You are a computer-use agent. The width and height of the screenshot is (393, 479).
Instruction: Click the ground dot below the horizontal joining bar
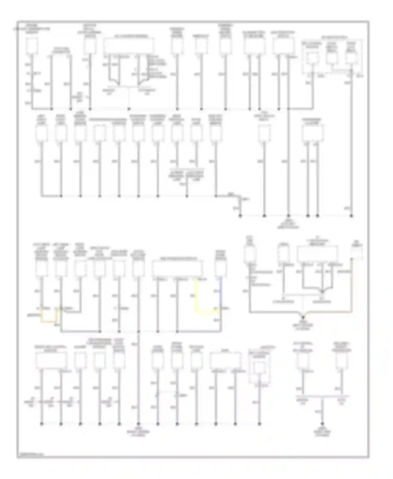(323, 424)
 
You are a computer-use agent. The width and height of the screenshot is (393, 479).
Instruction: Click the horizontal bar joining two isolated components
(323, 396)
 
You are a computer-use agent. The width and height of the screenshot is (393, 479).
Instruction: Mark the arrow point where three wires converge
(323, 292)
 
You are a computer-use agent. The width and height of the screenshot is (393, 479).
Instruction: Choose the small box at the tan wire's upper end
(357, 252)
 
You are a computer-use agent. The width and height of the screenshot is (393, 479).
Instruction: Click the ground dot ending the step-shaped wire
(240, 216)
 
